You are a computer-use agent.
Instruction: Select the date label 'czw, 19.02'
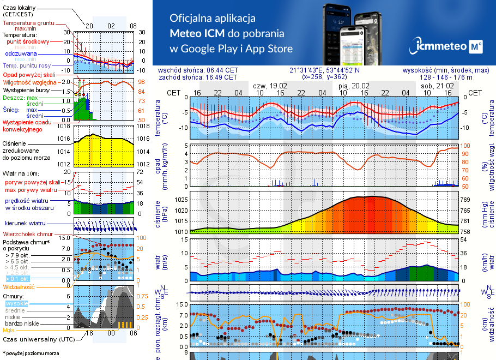pyautogui.click(x=270, y=86)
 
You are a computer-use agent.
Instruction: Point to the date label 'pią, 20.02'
pyautogui.click(x=353, y=86)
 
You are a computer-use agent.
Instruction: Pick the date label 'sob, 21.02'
pyautogui.click(x=437, y=86)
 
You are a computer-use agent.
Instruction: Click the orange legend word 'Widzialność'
pyautogui.click(x=19, y=286)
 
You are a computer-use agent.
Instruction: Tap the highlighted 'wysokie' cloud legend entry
pyautogui.click(x=15, y=303)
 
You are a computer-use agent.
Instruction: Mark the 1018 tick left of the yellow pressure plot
pyautogui.click(x=64, y=126)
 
